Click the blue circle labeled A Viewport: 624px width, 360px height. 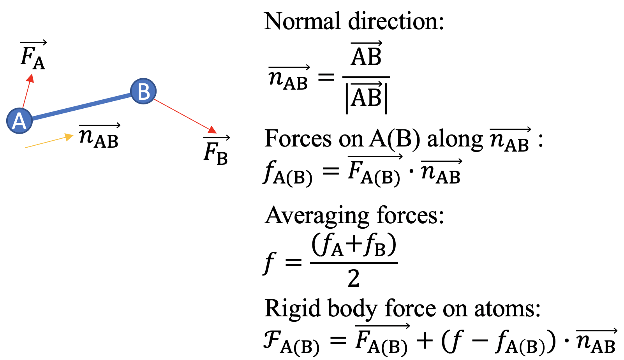[19, 121]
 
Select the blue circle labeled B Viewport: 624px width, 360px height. [143, 91]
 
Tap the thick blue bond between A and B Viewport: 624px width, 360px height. [81, 106]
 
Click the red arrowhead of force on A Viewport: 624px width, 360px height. [30, 78]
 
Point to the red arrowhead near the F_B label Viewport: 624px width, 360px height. [212, 130]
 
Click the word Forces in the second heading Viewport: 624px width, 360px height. [298, 139]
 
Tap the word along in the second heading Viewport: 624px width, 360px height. [455, 139]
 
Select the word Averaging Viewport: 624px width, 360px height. [317, 215]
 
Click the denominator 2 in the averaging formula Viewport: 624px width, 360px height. [353, 279]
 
